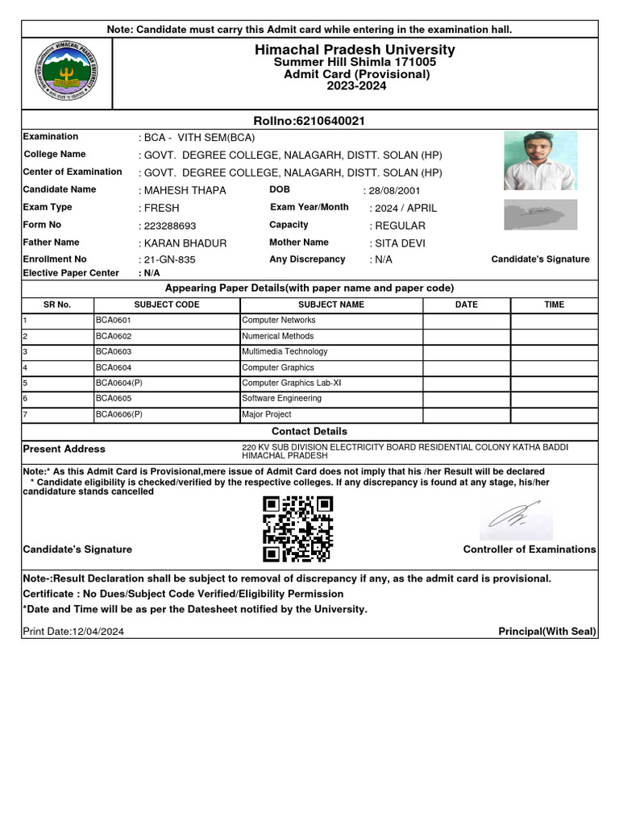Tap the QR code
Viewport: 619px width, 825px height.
pyautogui.click(x=297, y=529)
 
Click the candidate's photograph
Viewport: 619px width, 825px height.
pyautogui.click(x=540, y=161)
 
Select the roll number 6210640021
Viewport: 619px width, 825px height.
pyautogui.click(x=309, y=121)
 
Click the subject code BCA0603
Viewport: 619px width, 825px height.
pyautogui.click(x=114, y=352)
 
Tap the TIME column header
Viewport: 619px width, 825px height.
pyautogui.click(x=554, y=305)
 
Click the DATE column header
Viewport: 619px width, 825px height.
pyautogui.click(x=466, y=305)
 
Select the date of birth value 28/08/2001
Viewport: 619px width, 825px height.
pyautogui.click(x=394, y=191)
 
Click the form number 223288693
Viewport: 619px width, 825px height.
pyautogui.click(x=169, y=226)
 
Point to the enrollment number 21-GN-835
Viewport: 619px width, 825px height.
pyautogui.click(x=169, y=260)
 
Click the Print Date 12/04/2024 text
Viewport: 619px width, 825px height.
pyautogui.click(x=73, y=632)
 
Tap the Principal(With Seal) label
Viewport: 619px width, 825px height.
pyautogui.click(x=547, y=632)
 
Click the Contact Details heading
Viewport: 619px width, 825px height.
pyautogui.click(x=309, y=432)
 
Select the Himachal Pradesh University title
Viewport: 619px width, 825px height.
pyautogui.click(x=355, y=50)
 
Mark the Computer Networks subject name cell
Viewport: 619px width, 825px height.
pyautogui.click(x=279, y=321)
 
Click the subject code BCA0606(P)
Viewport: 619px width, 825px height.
pyautogui.click(x=119, y=415)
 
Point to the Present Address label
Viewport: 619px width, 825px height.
pyautogui.click(x=64, y=450)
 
